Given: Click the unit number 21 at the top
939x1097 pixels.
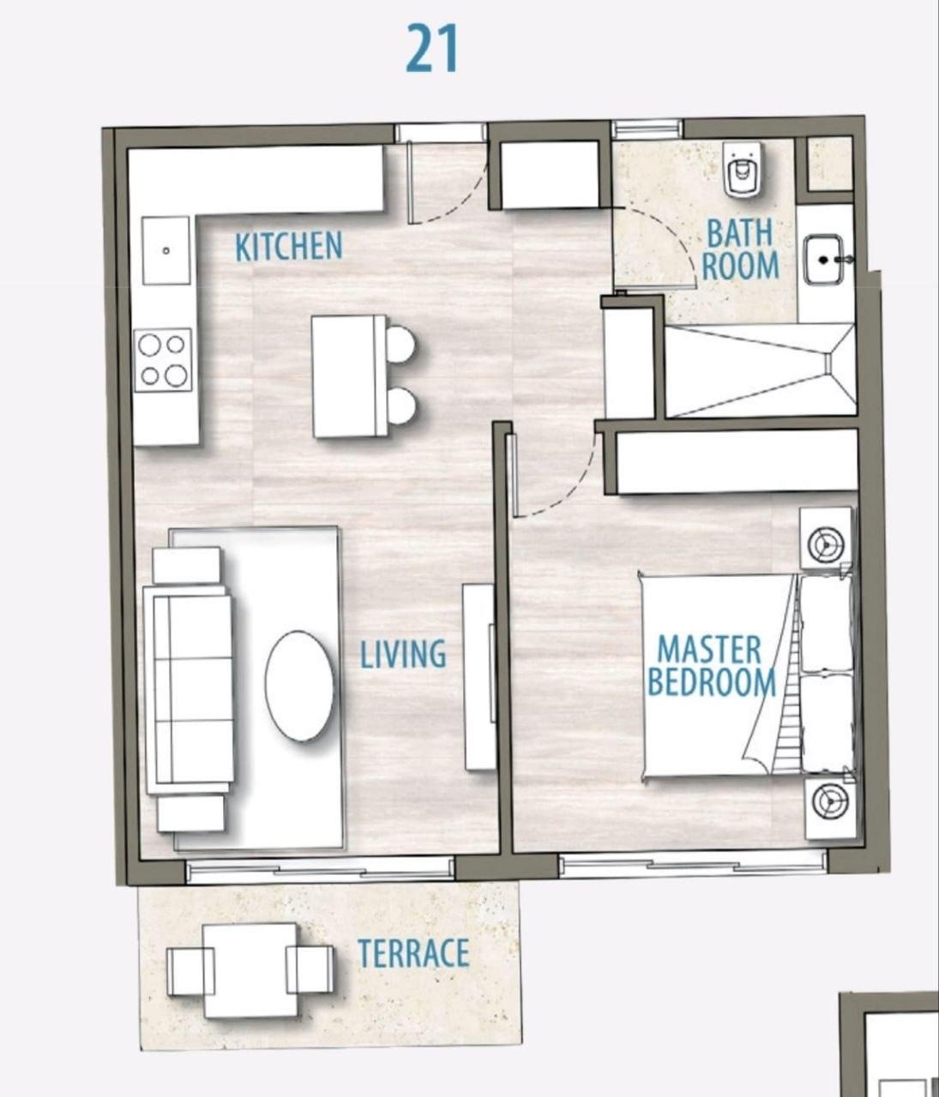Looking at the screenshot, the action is [431, 50].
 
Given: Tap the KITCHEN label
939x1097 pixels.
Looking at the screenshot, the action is [289, 246].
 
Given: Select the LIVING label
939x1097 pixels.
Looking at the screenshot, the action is [404, 655].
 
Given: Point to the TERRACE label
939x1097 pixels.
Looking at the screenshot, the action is [413, 953].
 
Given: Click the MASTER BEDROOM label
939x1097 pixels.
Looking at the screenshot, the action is [711, 666].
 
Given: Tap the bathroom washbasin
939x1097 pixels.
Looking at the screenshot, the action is [824, 260].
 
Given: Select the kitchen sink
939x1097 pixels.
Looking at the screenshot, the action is [166, 250].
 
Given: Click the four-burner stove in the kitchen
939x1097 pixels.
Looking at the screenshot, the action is [163, 360].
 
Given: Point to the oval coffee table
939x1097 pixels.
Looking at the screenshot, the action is [299, 686].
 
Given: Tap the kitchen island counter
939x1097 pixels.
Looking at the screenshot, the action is [350, 376].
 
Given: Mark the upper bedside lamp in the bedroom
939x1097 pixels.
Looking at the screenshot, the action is [825, 544].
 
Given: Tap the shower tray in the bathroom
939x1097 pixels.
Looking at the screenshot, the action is [761, 371].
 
